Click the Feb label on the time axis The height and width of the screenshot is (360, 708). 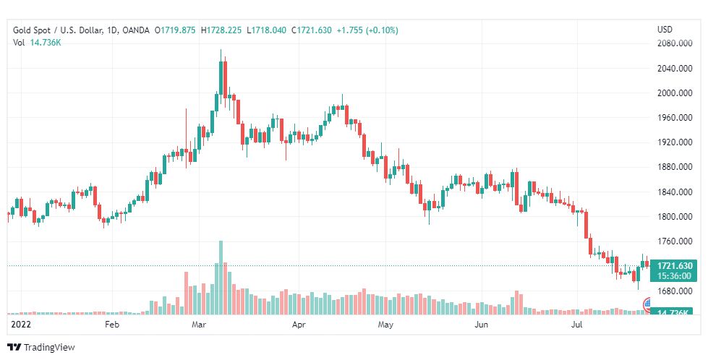pyautogui.click(x=111, y=325)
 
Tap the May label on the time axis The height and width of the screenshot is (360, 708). pyautogui.click(x=385, y=325)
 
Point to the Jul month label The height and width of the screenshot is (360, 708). pyautogui.click(x=576, y=325)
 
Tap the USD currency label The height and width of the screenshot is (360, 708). pyautogui.click(x=665, y=30)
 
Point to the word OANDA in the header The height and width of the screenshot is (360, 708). pyautogui.click(x=136, y=30)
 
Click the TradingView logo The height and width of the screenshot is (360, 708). pyautogui.click(x=41, y=348)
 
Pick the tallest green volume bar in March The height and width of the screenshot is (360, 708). pyautogui.click(x=220, y=278)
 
